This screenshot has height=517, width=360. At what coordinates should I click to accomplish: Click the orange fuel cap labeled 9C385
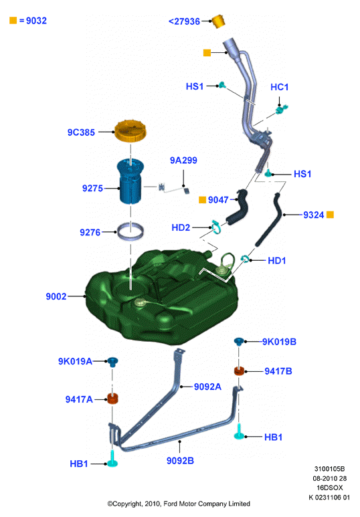(130, 132)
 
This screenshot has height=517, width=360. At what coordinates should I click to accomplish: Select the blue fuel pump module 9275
(130, 181)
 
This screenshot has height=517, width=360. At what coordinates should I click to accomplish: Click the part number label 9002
(56, 296)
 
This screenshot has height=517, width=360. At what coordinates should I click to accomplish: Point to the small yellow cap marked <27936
(217, 21)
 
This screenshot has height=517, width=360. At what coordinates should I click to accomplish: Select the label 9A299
(183, 161)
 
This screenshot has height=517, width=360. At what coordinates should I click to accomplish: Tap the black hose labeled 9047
(238, 207)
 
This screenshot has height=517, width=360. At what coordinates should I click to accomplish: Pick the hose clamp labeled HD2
(216, 227)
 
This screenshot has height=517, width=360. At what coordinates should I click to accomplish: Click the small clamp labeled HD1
(245, 259)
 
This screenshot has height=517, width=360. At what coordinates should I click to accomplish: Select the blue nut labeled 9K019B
(239, 342)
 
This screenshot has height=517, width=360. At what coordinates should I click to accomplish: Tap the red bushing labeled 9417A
(113, 399)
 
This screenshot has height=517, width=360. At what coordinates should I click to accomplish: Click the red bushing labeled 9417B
(239, 371)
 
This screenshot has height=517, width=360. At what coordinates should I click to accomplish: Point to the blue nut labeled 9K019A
(112, 362)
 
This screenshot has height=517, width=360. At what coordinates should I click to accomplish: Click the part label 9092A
(207, 387)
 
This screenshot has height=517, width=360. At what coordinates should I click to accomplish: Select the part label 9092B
(180, 461)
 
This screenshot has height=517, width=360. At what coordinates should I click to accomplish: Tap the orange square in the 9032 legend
(13, 21)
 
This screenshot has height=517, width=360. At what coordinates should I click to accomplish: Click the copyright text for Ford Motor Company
(179, 504)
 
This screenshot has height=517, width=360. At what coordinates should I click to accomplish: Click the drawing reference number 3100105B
(329, 469)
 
